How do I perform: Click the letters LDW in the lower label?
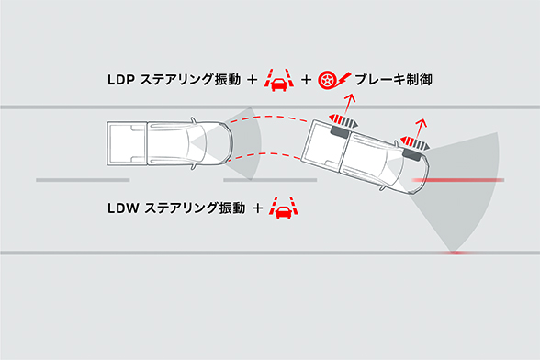(120, 209)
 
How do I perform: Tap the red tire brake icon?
(328, 81)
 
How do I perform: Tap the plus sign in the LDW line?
(259, 209)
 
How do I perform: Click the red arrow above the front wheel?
(421, 129)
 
